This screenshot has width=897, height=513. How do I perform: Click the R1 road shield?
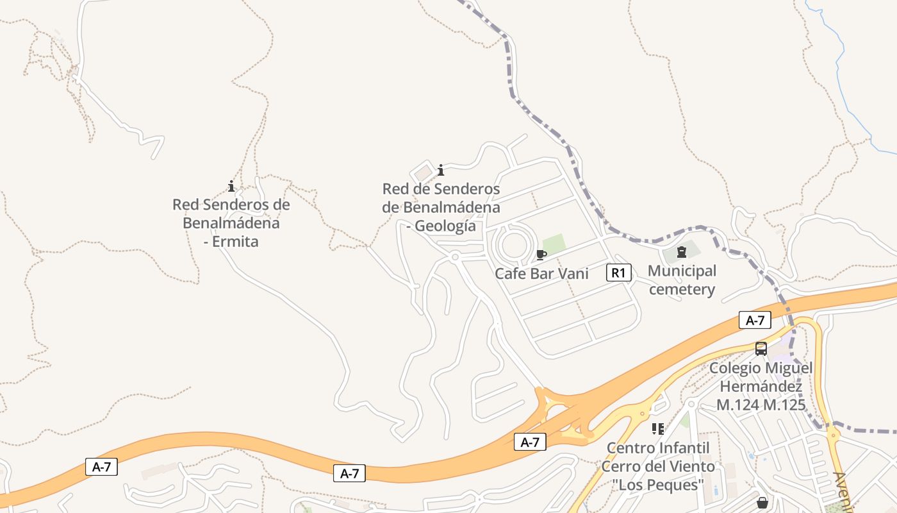click(x=618, y=273)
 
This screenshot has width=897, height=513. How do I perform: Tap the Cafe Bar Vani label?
click(x=541, y=273)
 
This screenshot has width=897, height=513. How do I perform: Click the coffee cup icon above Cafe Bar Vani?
click(x=541, y=255)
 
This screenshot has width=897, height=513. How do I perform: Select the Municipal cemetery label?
click(x=682, y=280)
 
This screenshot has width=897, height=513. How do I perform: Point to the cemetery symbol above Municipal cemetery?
click(x=682, y=252)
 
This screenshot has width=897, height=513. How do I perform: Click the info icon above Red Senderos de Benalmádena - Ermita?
click(x=231, y=186)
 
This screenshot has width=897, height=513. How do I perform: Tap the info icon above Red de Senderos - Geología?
click(x=441, y=170)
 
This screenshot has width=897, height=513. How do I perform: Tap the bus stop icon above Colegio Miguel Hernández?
click(x=761, y=349)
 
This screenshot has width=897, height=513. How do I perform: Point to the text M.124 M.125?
click(x=761, y=405)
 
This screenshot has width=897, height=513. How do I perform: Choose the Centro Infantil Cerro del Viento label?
click(x=658, y=457)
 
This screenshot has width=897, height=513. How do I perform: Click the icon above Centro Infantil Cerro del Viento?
click(x=657, y=428)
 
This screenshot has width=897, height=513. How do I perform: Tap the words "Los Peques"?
click(x=658, y=484)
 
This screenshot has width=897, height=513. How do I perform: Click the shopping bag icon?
click(x=762, y=502)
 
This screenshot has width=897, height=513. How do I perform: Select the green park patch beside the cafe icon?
click(x=555, y=244)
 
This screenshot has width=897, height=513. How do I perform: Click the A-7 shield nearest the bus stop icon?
click(x=755, y=320)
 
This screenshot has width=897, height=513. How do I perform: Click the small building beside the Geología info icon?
click(x=422, y=173)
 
